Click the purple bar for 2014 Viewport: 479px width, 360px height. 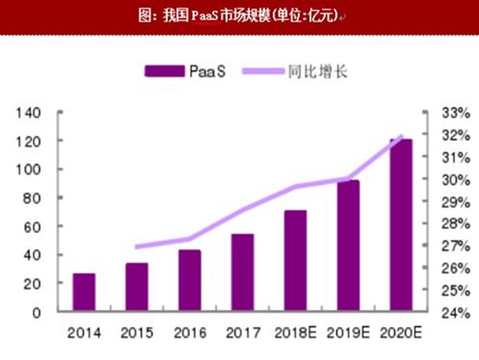coord(84,293)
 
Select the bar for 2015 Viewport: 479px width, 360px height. coord(137,287)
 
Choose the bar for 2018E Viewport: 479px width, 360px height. coord(295,261)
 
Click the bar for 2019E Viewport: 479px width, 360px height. coord(348,246)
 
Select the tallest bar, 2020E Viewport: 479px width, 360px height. coord(401,226)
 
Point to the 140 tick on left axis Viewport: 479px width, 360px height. coord(29,113)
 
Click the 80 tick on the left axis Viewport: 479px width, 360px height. coord(32,198)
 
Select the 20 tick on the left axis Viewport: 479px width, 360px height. coord(32,283)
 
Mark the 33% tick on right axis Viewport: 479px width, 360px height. coord(445,113)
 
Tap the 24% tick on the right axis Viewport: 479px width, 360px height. coord(445,312)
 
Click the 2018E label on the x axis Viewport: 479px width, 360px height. coord(295,331)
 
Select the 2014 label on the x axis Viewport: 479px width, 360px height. coord(84,331)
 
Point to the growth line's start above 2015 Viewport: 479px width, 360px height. coord(137,247)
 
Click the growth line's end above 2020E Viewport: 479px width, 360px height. coord(401,136)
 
